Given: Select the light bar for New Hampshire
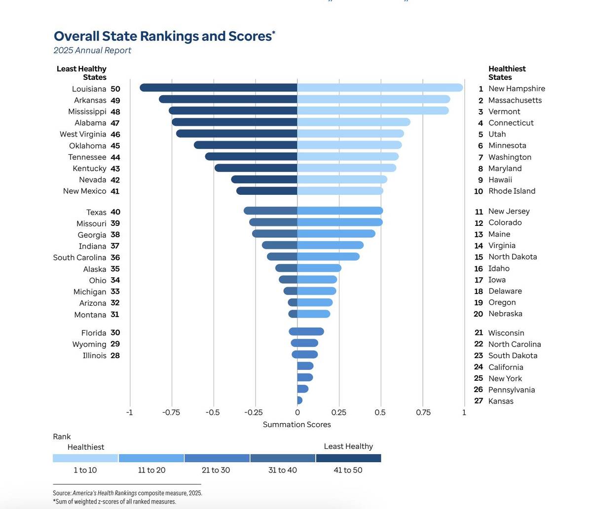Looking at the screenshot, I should coord(380,88).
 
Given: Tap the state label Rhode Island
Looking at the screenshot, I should coord(512,191).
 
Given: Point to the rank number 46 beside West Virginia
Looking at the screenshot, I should coord(115,134).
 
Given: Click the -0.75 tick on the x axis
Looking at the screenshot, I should coord(171,412).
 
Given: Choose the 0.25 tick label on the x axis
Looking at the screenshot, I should coord(339,412).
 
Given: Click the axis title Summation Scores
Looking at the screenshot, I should coord(296,424).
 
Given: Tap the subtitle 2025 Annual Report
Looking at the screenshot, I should coord(92,50).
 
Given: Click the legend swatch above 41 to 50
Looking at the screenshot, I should coord(348,458).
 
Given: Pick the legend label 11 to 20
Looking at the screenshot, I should coord(151,470).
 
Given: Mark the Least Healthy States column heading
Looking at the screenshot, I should coord(82,73).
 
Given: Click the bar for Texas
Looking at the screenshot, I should coord(270,211).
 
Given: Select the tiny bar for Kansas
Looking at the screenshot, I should coord(299,400).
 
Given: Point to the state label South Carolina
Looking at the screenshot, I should coord(79,257).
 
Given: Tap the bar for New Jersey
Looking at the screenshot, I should coord(340,211).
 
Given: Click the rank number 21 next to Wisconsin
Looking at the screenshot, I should coord(478,333).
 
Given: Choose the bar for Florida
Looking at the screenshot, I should coord(306,331).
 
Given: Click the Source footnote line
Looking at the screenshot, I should coord(127,493).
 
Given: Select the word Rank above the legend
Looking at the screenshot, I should coord(62,436).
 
